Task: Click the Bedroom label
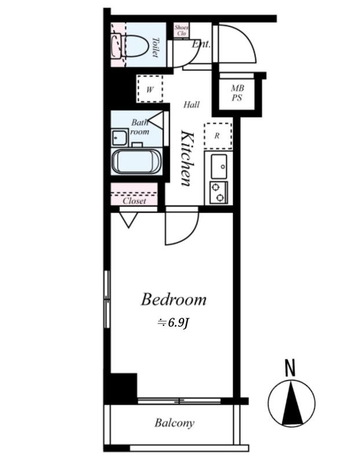coord(174,299)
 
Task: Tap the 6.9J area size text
coord(174,323)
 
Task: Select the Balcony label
coord(175,423)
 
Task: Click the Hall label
coord(192,105)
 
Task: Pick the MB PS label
coord(237,93)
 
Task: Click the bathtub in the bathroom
coord(136,161)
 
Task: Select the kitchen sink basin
coord(219,166)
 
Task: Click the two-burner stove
coord(219,192)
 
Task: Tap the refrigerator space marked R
coord(218,136)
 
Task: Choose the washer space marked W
coord(150,89)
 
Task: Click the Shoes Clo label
coord(181,31)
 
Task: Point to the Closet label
coord(134,201)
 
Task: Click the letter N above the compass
coord(291,368)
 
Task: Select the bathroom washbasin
coord(120,138)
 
